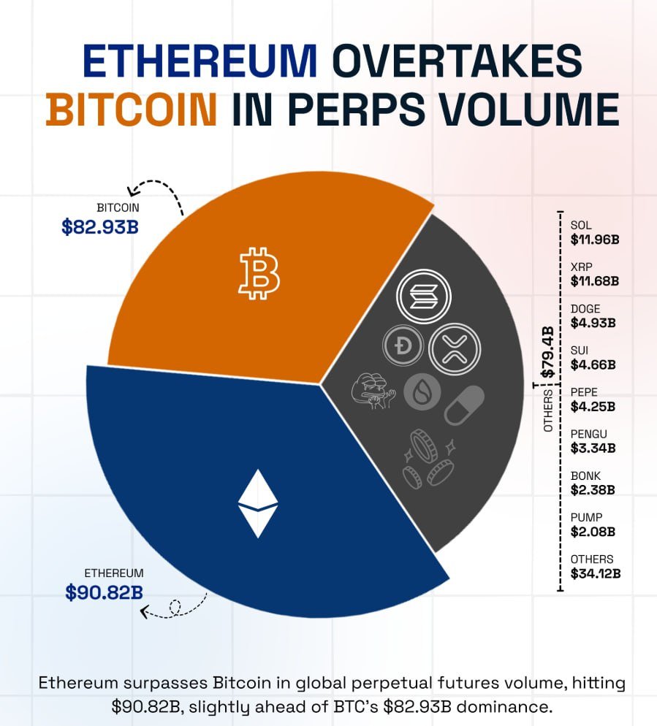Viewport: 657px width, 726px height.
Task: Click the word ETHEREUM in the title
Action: pos(200,61)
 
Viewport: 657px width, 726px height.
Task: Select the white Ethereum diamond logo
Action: pos(258,503)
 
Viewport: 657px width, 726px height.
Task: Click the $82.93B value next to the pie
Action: pos(100,226)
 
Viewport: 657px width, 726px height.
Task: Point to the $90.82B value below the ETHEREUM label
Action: pos(104,592)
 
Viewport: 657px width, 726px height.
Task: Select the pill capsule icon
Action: pos(463,405)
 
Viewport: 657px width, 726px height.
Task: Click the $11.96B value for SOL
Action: pos(595,238)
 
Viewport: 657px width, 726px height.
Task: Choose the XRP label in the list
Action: pos(581,267)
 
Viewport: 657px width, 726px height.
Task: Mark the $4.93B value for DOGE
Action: pos(593,322)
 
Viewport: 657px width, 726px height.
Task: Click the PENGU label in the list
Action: pos(587,434)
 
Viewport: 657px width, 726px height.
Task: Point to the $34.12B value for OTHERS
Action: pos(596,573)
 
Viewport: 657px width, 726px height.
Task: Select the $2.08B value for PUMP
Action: pos(593,531)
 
